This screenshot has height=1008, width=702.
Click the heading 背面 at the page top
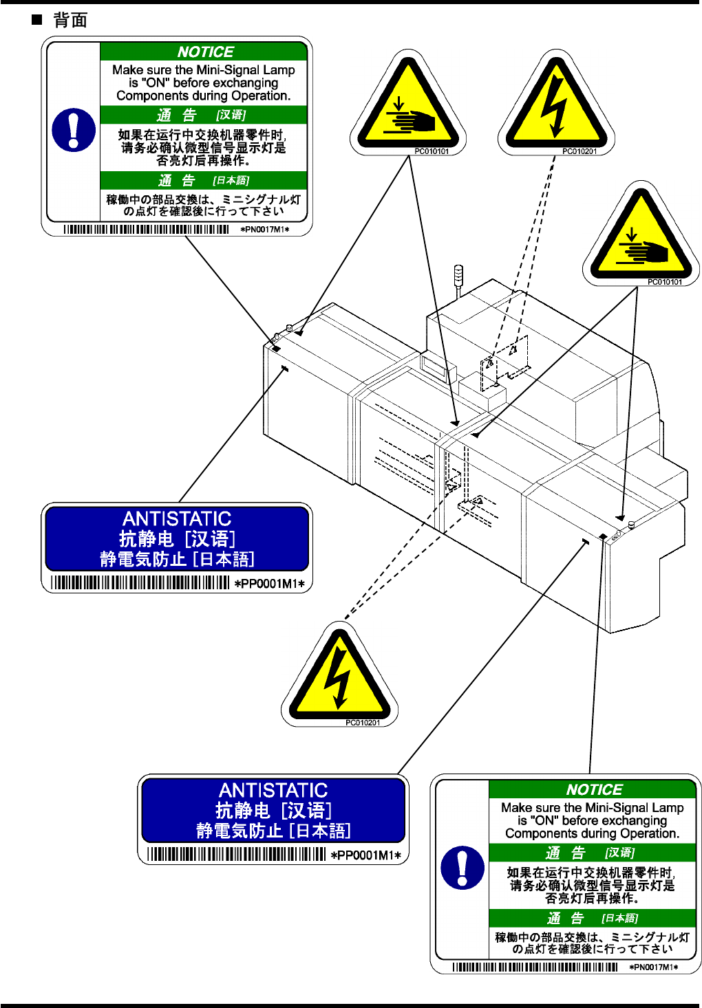70,20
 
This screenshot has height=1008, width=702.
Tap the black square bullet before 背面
37,19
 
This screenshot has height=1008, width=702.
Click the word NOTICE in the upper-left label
205,52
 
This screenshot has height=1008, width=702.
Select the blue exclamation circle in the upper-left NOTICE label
74,129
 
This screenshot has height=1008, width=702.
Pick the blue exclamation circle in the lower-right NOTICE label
462,867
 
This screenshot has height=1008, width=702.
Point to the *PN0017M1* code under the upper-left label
265,230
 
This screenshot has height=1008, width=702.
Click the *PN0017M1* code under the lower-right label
654,967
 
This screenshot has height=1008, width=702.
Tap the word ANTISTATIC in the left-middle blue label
177,518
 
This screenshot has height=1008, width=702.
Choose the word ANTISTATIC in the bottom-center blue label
273,790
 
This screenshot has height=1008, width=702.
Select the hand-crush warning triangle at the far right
641,237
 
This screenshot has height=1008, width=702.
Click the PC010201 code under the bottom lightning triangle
363,723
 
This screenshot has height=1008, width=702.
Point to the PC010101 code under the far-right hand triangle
665,282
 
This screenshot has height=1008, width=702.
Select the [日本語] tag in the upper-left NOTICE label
231,180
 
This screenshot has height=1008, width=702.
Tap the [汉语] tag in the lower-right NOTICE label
619,853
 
